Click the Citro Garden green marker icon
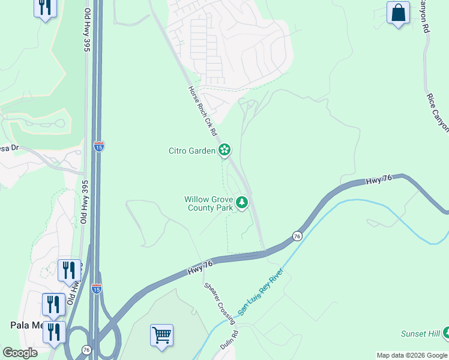click(224, 150)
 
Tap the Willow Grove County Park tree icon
click(242, 203)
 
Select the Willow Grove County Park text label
click(208, 203)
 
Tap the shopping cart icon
click(161, 335)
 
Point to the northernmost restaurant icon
click(46, 8)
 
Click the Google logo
click(20, 353)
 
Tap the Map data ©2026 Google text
click(412, 355)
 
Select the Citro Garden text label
click(191, 151)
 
